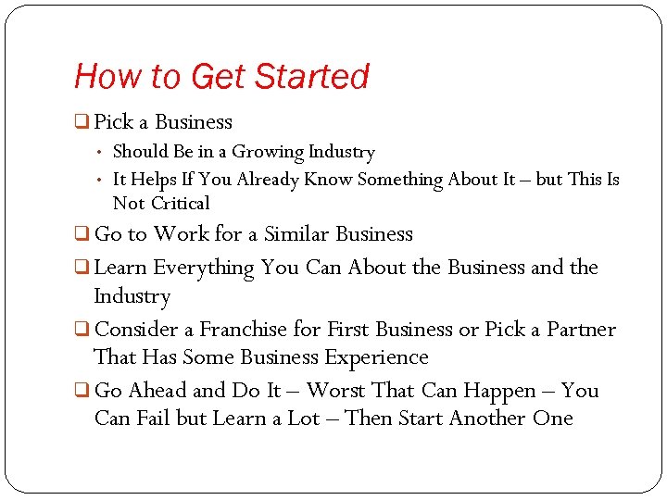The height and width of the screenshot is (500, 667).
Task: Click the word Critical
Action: (180, 204)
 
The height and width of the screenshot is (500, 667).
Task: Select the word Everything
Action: (204, 269)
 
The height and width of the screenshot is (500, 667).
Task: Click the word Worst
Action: (337, 391)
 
